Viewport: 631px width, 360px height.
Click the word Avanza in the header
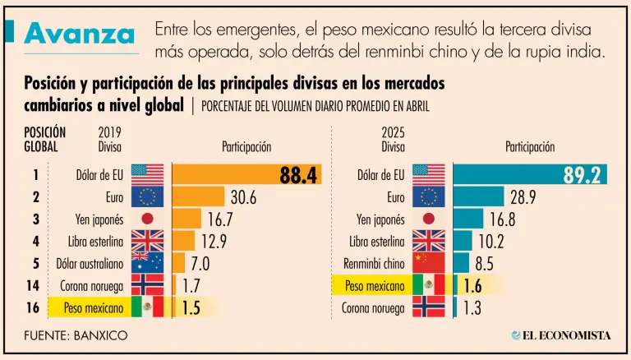(80, 34)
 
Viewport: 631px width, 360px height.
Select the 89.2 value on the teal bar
(583, 174)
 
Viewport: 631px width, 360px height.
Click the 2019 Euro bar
(198, 196)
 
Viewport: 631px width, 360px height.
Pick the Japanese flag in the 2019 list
(147, 219)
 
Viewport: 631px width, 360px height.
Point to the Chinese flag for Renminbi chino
(428, 263)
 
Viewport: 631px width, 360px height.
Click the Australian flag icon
(147, 263)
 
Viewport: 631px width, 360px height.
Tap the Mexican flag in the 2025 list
(428, 285)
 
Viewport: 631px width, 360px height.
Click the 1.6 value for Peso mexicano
(472, 286)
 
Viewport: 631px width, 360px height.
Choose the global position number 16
(35, 307)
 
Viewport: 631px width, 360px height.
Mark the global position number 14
(35, 285)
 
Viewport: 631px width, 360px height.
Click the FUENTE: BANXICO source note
(76, 336)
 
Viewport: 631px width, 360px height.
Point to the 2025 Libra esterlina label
(376, 241)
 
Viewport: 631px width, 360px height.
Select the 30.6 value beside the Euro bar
(243, 197)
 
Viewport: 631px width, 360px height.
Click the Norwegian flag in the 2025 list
(428, 307)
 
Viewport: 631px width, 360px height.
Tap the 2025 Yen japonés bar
(468, 219)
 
